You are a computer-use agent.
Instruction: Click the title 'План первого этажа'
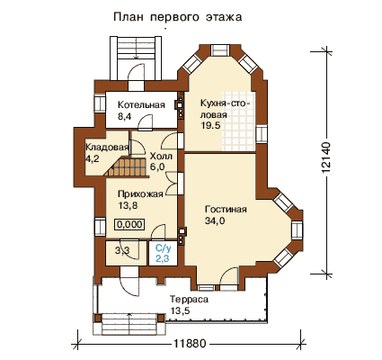click(178, 17)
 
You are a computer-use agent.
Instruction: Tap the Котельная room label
click(141, 105)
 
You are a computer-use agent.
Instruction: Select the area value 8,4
click(125, 117)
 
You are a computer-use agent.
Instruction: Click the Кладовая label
click(107, 148)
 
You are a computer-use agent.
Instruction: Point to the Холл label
click(161, 156)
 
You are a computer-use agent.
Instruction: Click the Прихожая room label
click(140, 194)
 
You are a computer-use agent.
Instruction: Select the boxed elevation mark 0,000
click(129, 224)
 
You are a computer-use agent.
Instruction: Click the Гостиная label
click(226, 209)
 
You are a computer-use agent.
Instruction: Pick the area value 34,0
click(215, 220)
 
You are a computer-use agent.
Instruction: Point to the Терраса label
click(189, 300)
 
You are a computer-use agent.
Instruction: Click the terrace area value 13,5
click(180, 310)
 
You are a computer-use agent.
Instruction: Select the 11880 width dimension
click(190, 344)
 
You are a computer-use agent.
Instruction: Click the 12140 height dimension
click(326, 157)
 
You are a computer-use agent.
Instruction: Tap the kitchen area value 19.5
click(210, 125)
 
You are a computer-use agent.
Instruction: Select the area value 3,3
click(122, 250)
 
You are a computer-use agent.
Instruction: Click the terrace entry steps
click(129, 325)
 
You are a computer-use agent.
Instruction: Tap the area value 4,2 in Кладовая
click(93, 158)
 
